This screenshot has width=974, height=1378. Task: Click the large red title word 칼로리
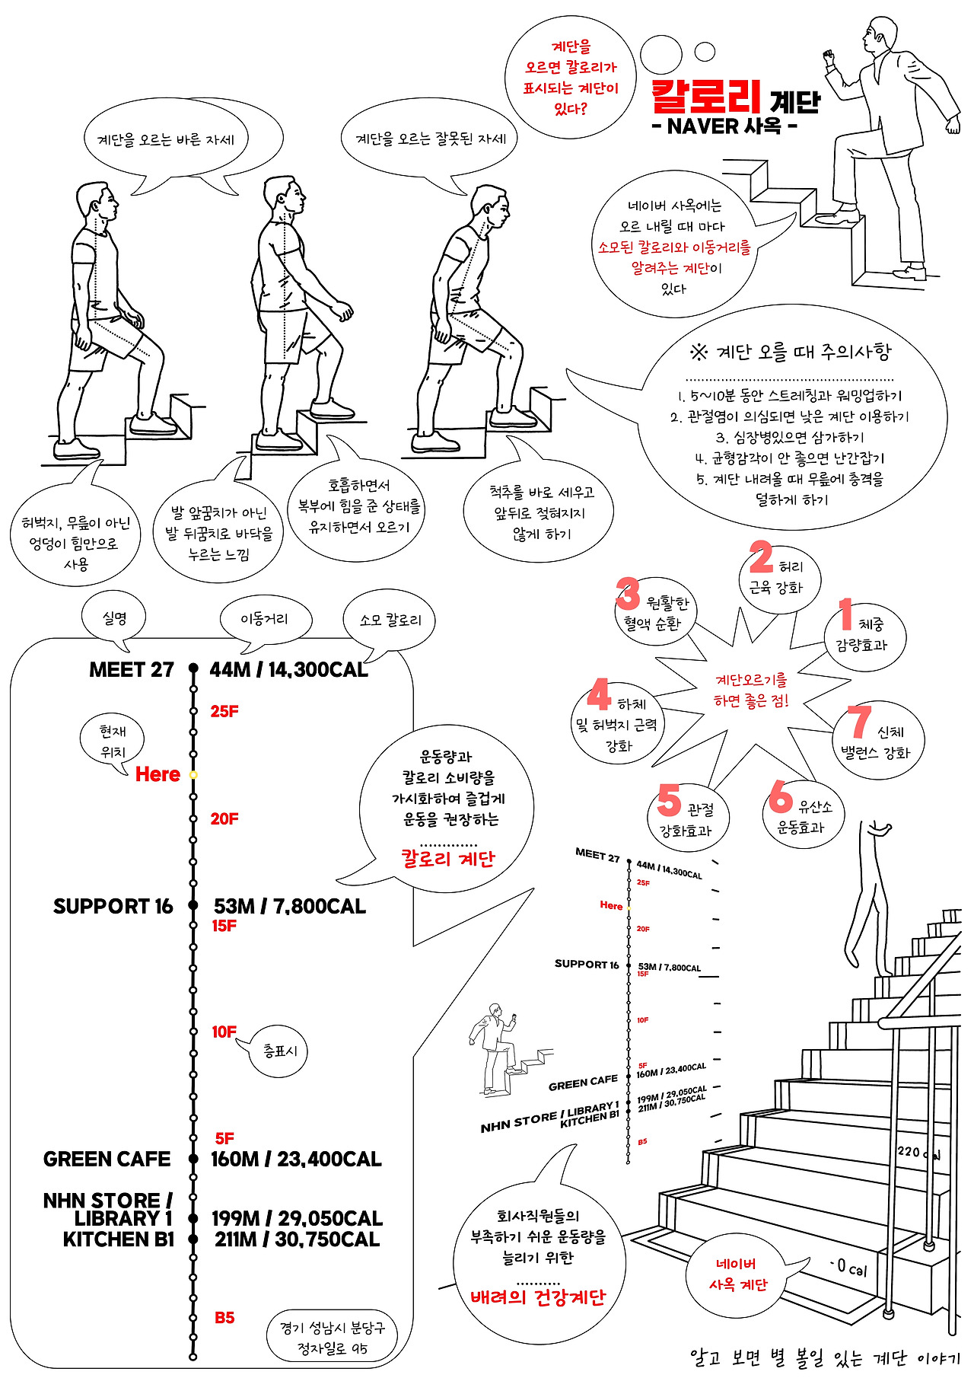(706, 96)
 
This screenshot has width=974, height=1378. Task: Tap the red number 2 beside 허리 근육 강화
(761, 557)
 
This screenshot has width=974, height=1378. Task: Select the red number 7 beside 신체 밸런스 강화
(859, 722)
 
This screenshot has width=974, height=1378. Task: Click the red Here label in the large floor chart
(158, 774)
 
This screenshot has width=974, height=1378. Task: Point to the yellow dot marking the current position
(193, 774)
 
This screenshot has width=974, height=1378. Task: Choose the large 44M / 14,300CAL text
(288, 670)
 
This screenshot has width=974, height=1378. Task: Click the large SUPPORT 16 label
(113, 906)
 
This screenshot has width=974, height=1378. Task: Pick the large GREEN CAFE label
(107, 1159)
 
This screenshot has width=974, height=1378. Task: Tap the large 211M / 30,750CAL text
(297, 1239)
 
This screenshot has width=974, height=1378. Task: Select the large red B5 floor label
(224, 1318)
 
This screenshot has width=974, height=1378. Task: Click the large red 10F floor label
(224, 1032)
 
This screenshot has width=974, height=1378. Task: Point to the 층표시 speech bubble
(280, 1051)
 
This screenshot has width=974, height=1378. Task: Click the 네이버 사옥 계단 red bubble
(737, 1274)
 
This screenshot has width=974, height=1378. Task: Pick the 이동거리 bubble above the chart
(265, 620)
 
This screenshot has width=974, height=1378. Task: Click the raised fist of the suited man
(828, 57)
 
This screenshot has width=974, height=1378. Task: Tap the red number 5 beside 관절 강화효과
(669, 799)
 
